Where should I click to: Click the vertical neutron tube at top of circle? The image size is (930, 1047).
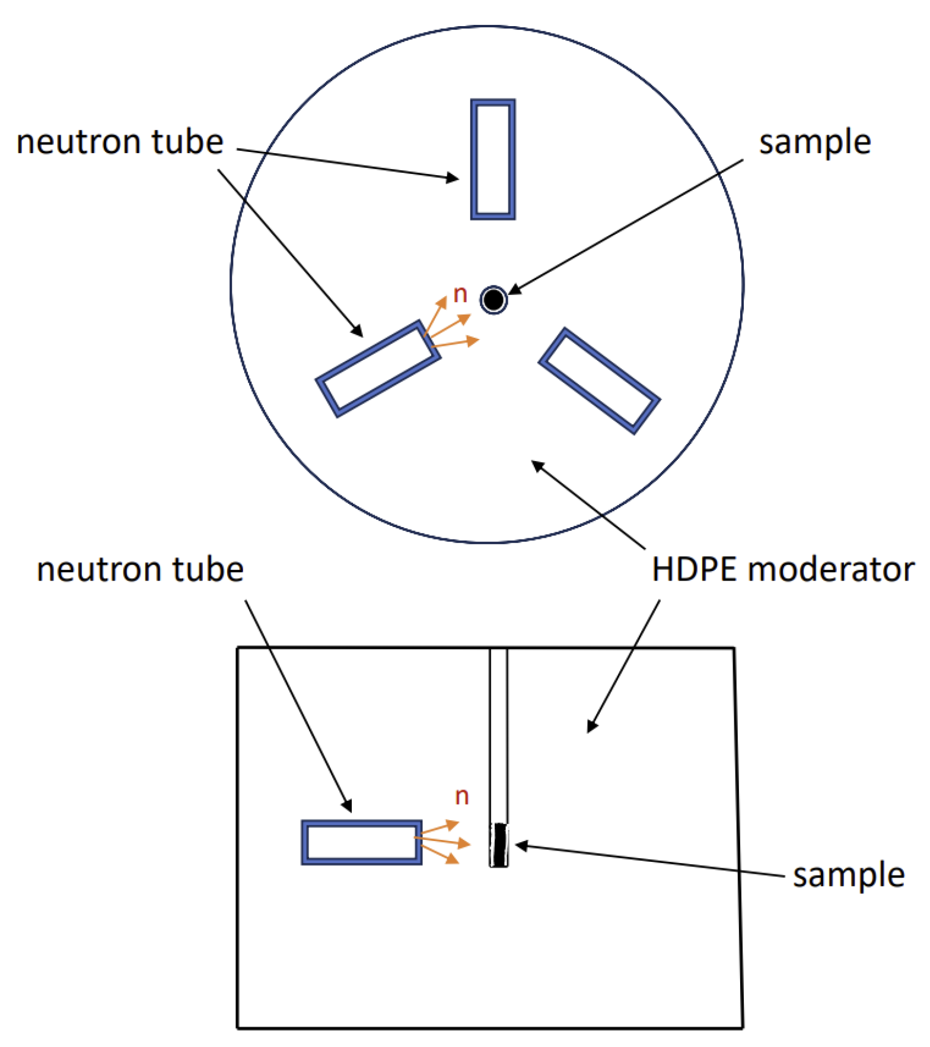[x=493, y=159]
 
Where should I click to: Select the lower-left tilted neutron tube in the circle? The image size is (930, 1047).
[x=378, y=369]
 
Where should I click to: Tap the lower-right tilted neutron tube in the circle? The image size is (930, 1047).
[x=599, y=380]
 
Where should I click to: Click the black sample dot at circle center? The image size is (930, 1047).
[x=493, y=300]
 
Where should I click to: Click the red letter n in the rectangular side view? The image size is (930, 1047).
[x=462, y=796]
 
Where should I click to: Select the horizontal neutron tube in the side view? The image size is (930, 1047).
[x=361, y=842]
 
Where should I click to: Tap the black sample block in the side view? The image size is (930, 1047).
[x=500, y=845]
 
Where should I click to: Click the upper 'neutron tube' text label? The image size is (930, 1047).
[x=120, y=142]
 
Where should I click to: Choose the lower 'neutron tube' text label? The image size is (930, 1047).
[x=140, y=570]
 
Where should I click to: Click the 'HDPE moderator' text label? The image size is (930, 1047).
[x=783, y=570]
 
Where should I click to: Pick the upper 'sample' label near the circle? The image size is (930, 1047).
[x=815, y=142]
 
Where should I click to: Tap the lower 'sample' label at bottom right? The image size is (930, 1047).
[x=849, y=875]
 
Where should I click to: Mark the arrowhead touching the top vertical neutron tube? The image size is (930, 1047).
[x=453, y=177]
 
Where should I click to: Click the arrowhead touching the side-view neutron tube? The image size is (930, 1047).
[x=347, y=805]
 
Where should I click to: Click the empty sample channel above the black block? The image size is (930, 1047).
[x=499, y=736]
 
